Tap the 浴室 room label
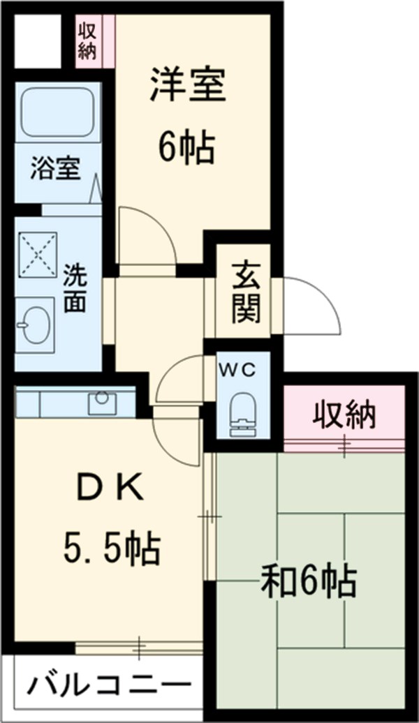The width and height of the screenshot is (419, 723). (x=55, y=170)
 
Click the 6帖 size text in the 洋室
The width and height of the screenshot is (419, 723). (x=184, y=147)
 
